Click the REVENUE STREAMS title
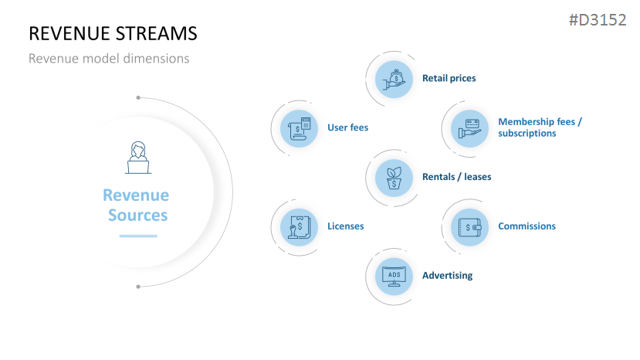(113, 33)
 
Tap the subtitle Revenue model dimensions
(108, 58)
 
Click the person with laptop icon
(138, 157)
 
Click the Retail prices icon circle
(394, 78)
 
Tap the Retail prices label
(449, 78)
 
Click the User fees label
(348, 127)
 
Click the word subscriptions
(527, 133)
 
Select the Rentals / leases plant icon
(394, 177)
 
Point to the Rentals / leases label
(456, 177)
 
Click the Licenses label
(345, 226)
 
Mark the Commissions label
(527, 226)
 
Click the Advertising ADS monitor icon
(394, 276)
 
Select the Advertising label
(447, 276)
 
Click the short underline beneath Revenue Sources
(137, 236)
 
